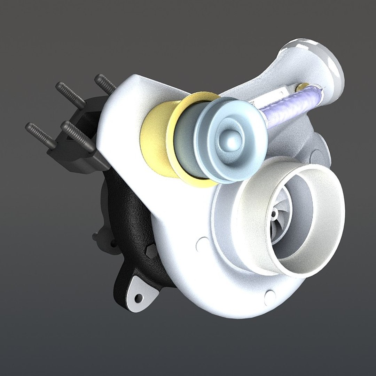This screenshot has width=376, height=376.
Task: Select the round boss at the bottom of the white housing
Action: [x=269, y=296]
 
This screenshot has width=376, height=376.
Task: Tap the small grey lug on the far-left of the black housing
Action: [x=96, y=237]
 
